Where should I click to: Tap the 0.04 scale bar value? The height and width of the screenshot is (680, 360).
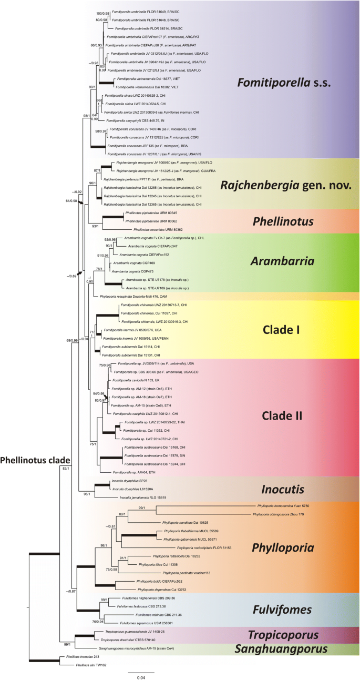pyautogui.click(x=141, y=677)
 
